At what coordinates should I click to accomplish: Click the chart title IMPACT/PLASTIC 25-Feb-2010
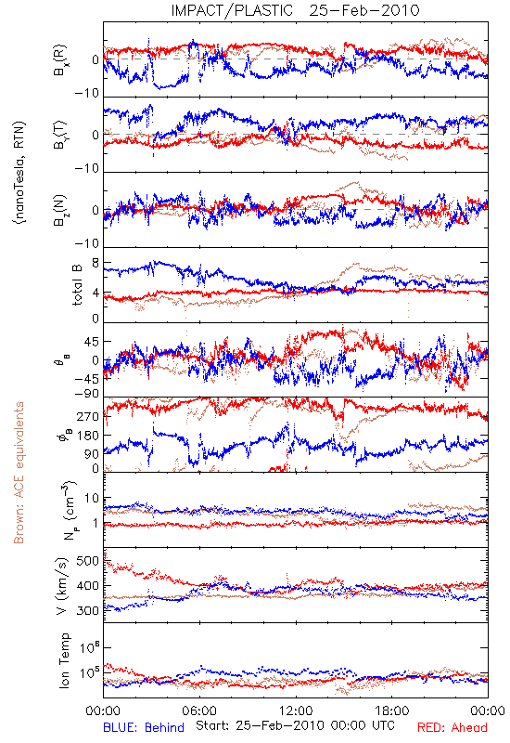295,10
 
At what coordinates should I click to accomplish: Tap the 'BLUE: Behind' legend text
144,727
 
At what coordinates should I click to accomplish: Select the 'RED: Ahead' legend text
452,727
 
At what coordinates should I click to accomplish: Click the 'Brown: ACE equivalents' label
19,473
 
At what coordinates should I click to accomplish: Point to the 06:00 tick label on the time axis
199,710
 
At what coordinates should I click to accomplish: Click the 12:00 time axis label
296,710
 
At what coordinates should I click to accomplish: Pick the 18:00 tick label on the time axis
391,710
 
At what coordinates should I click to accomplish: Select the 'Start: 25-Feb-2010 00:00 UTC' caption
295,725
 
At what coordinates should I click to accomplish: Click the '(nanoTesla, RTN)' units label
19,173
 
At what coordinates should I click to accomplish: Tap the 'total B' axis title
77,285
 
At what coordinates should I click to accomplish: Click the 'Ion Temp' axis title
64,660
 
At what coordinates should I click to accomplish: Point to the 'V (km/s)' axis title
62,586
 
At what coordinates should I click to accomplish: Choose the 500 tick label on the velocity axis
88,561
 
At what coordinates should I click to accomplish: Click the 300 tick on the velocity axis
88,611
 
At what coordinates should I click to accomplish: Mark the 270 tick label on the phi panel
88,416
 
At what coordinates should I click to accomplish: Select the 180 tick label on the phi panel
88,436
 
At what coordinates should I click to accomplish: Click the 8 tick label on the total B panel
96,263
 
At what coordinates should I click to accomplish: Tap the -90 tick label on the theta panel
87,394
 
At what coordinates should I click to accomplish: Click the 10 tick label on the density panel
92,499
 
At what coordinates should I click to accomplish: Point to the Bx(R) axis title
60,60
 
